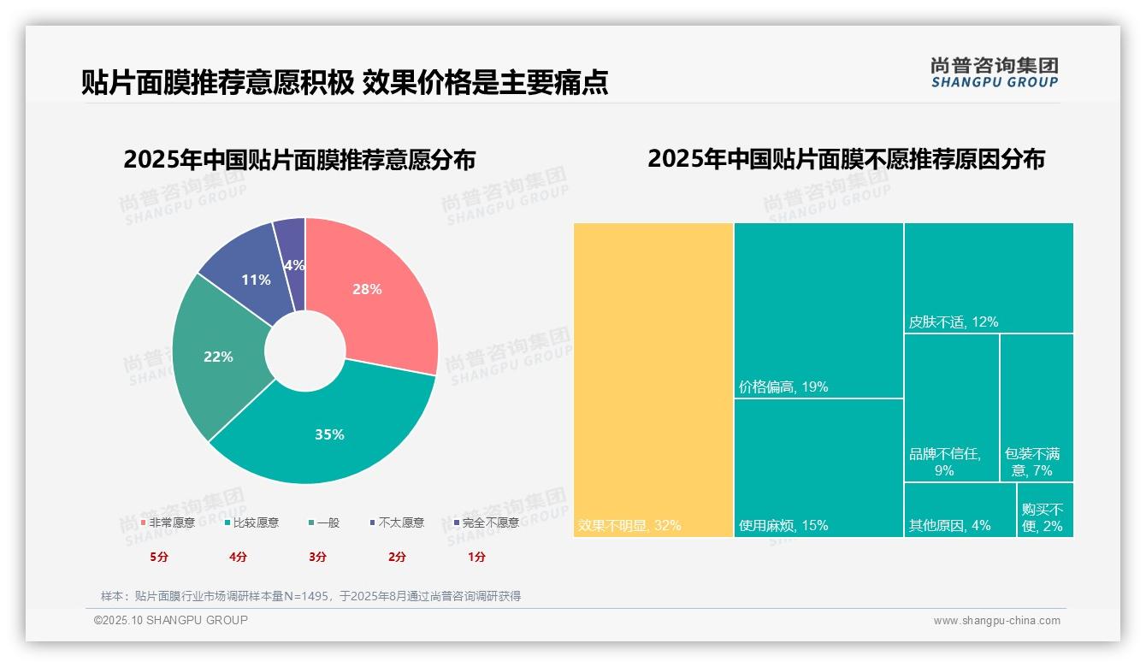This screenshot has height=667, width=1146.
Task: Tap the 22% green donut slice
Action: click(218, 357)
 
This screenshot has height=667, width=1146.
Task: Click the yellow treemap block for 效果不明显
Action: click(653, 380)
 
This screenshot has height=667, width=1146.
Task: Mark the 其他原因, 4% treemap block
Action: click(960, 510)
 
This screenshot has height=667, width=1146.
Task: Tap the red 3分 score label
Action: click(317, 557)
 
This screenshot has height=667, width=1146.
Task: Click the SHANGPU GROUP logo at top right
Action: click(994, 73)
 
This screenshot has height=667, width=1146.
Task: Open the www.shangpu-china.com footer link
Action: click(996, 621)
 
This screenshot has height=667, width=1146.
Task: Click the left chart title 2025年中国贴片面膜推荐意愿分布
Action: click(299, 160)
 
